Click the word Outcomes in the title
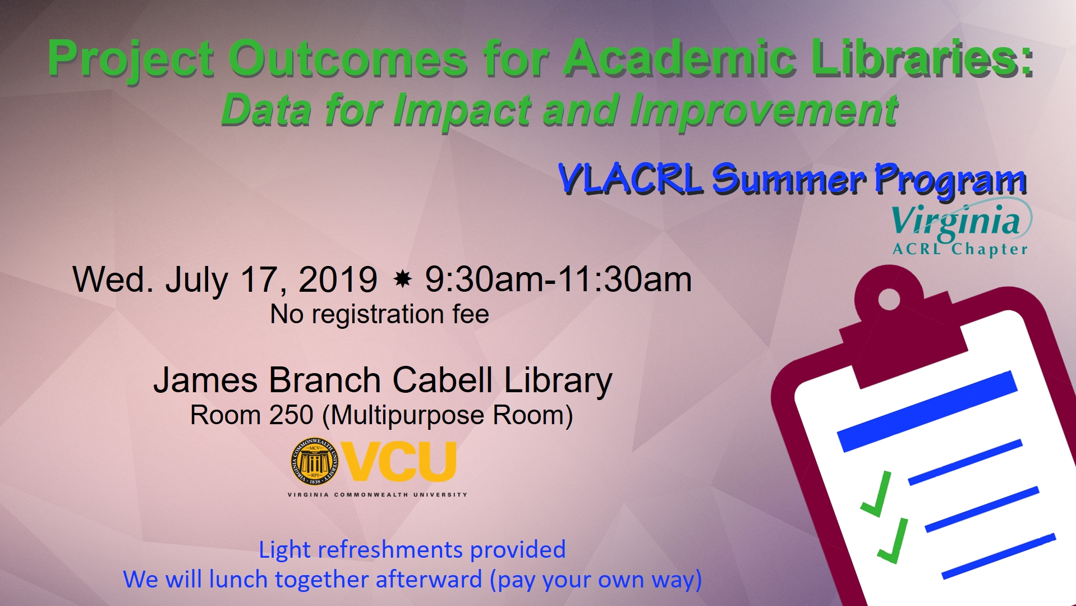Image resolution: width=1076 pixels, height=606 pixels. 348,58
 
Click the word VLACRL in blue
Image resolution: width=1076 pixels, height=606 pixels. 630,179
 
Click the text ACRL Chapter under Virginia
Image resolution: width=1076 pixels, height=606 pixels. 960,249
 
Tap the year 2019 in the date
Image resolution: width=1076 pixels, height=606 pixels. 338,279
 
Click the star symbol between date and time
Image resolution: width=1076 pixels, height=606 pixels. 402,279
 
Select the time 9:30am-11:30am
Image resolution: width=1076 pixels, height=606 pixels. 558,279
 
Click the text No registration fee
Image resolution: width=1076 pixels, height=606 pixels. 380,314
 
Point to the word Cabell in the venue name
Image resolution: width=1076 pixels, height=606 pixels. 443,380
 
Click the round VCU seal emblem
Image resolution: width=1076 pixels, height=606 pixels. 315,462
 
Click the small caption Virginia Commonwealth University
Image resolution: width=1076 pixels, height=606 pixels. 377,495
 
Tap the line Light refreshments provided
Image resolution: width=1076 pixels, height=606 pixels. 412,550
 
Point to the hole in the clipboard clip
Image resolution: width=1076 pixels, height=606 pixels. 889,299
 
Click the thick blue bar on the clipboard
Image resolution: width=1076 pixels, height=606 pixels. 927,411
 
